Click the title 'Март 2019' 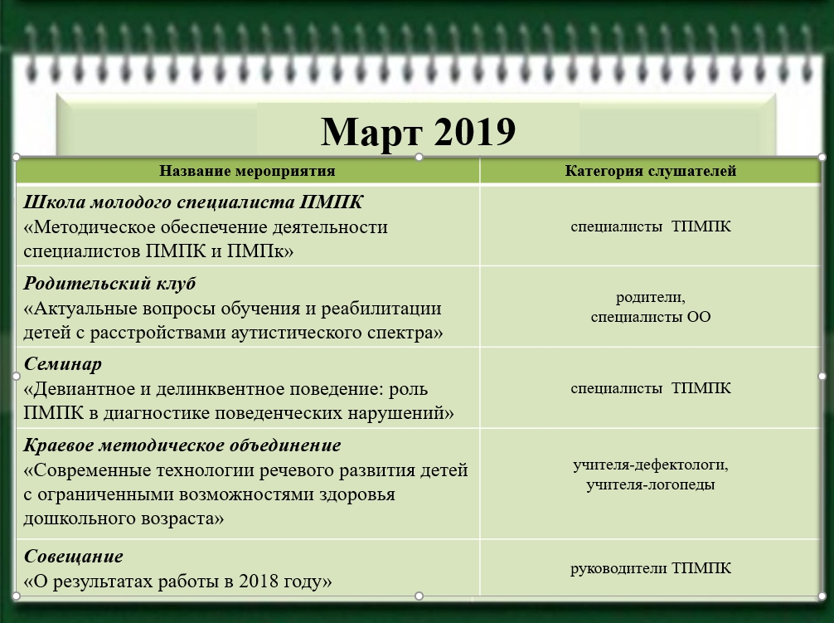(x=417, y=132)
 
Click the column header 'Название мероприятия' (x=247, y=172)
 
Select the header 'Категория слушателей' (x=651, y=172)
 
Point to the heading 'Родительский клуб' (x=109, y=285)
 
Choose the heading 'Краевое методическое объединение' (x=182, y=446)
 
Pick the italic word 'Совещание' (x=73, y=557)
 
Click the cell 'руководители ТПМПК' (x=651, y=569)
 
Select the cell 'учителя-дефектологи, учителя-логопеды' (x=651, y=475)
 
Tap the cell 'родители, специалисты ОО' (x=651, y=307)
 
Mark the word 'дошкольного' (x=73, y=519)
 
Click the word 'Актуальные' (x=87, y=309)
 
